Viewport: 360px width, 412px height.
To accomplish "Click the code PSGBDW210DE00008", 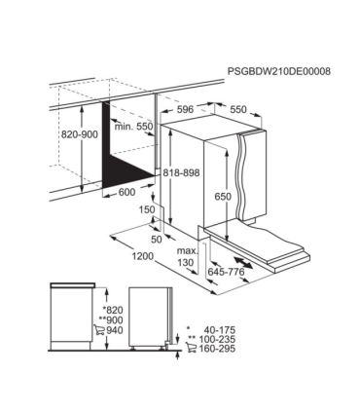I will (x=278, y=72).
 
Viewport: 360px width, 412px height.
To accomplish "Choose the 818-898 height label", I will (x=182, y=171).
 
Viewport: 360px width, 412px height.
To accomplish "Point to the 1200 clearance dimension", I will (x=144, y=256).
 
